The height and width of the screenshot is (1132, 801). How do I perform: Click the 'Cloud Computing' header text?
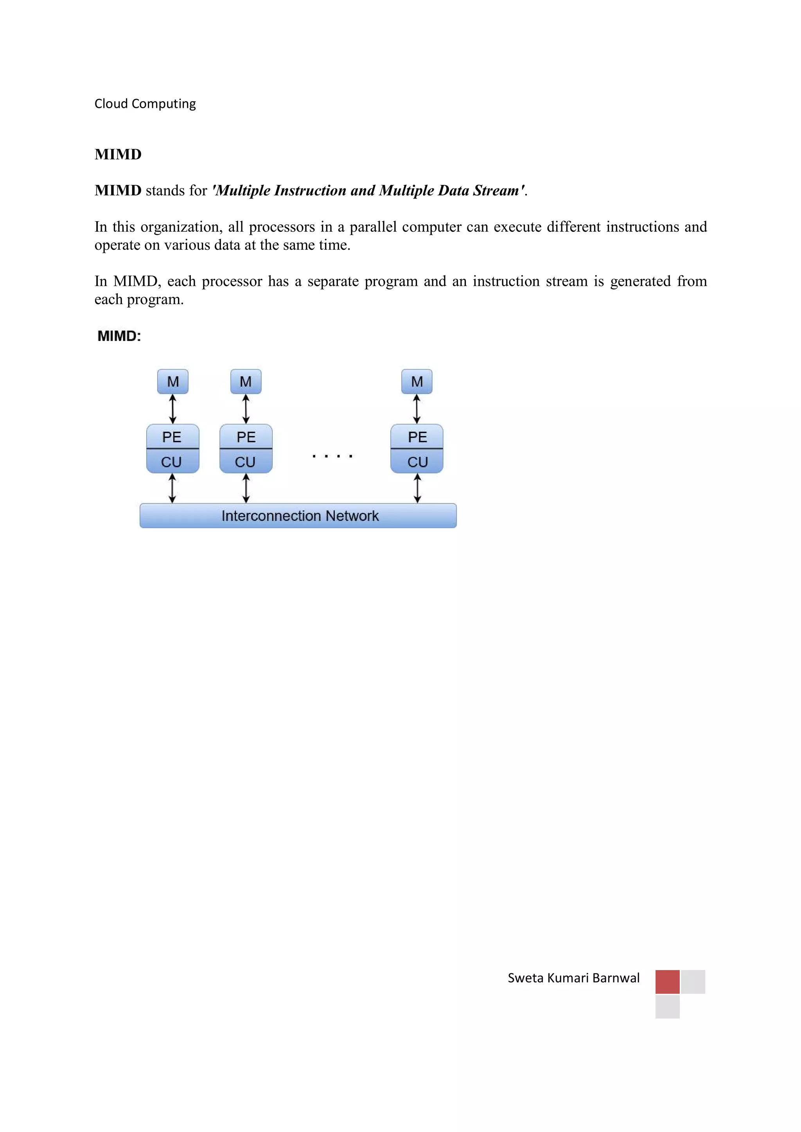coord(145,104)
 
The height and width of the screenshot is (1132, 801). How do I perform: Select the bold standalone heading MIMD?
coord(118,154)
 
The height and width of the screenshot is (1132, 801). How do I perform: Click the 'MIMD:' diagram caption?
coord(119,336)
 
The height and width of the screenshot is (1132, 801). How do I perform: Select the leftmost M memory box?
coord(172,382)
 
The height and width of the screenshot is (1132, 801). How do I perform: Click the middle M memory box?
coord(246,382)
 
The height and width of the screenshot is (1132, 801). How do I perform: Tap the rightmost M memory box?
coord(417,382)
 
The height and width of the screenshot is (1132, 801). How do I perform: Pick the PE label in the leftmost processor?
coord(172,437)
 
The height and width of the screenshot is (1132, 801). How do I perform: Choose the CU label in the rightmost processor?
coord(417,462)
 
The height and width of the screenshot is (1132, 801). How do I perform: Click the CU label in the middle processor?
coord(245,462)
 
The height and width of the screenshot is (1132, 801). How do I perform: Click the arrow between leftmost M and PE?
coord(172,409)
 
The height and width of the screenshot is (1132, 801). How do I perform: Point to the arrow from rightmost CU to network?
coord(417,488)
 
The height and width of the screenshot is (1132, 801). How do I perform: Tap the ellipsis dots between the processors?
coord(332,456)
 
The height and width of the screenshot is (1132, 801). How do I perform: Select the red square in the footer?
coord(667,982)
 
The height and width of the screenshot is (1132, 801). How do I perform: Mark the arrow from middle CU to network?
coord(246,488)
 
